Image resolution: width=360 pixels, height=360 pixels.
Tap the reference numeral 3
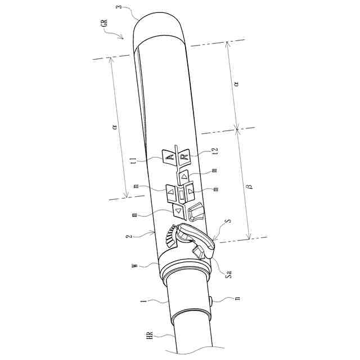(119, 6)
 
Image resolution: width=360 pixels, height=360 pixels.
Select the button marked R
(184, 157)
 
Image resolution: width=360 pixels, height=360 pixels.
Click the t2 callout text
(215, 151)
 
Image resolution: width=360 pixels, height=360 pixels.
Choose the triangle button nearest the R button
(184, 177)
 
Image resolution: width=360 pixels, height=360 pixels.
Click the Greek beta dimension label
(250, 186)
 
